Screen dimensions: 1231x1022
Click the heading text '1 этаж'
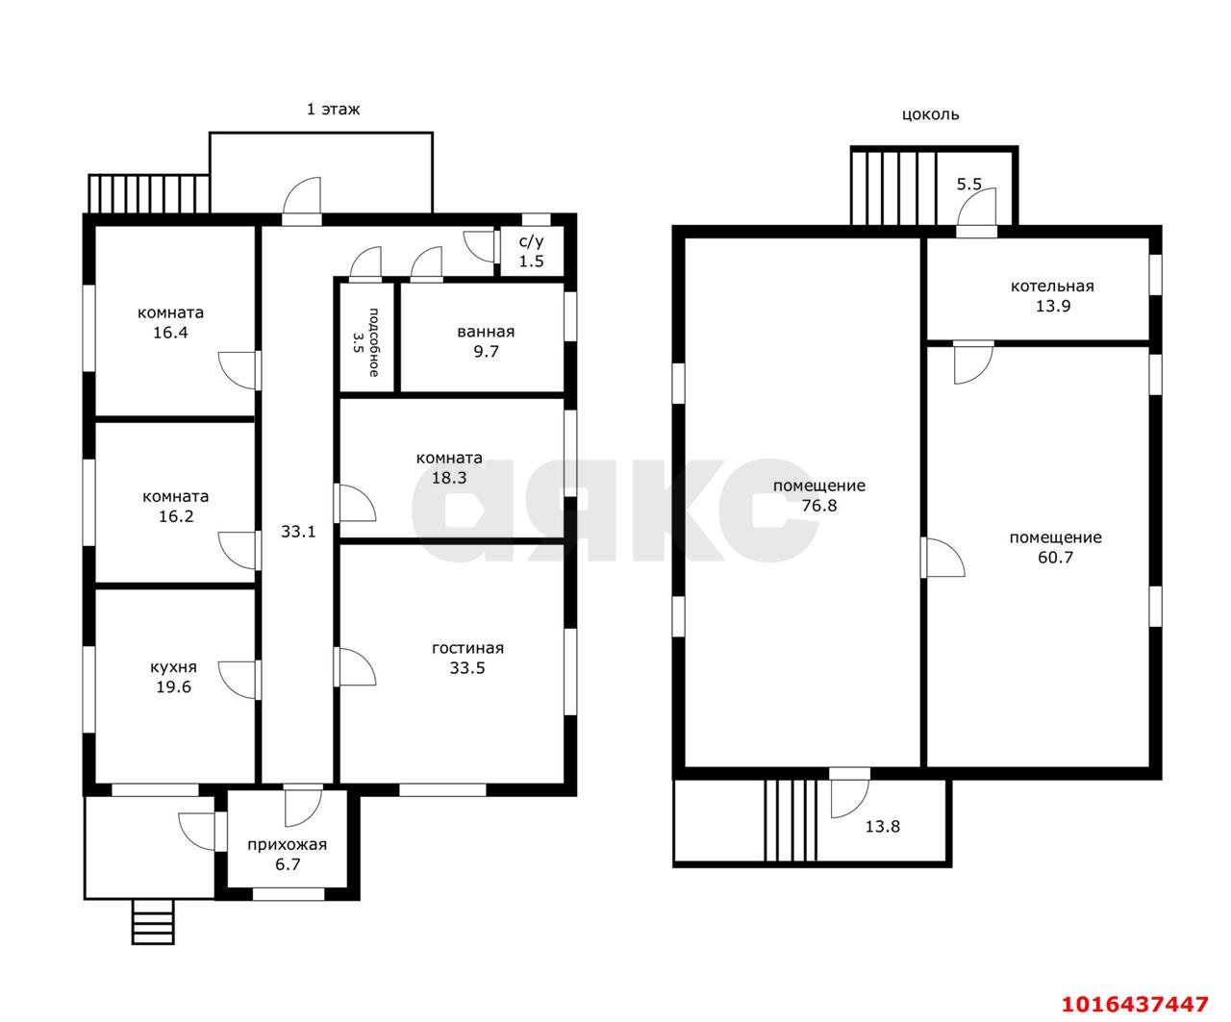point(333,109)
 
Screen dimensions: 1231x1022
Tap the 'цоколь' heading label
point(930,114)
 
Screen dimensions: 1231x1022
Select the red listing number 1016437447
point(1135,1004)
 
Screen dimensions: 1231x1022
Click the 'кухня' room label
point(173,667)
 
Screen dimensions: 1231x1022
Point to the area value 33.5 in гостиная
point(467,668)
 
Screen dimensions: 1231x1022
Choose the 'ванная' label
point(486,332)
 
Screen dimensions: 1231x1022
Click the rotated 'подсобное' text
point(374,342)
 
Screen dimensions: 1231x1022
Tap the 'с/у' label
point(531,241)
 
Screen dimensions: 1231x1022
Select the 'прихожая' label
point(288,844)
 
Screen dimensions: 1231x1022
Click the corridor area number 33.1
point(298,532)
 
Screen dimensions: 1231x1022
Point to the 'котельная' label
point(1052,287)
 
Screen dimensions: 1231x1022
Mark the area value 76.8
point(819,506)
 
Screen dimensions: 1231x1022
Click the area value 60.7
point(1055,558)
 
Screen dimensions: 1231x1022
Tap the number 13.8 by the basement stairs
point(883,826)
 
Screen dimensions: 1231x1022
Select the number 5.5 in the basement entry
point(968,184)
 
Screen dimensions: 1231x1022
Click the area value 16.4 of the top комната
point(170,333)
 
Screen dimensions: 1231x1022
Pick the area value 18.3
point(449,478)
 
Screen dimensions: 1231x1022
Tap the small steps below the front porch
point(153,922)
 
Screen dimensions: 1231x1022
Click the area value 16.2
point(176,516)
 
